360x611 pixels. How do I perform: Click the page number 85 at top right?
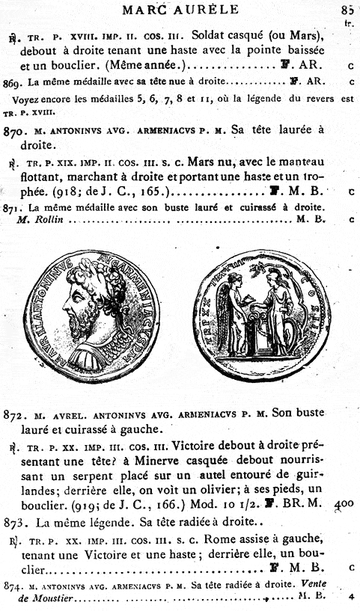coord(347,10)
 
